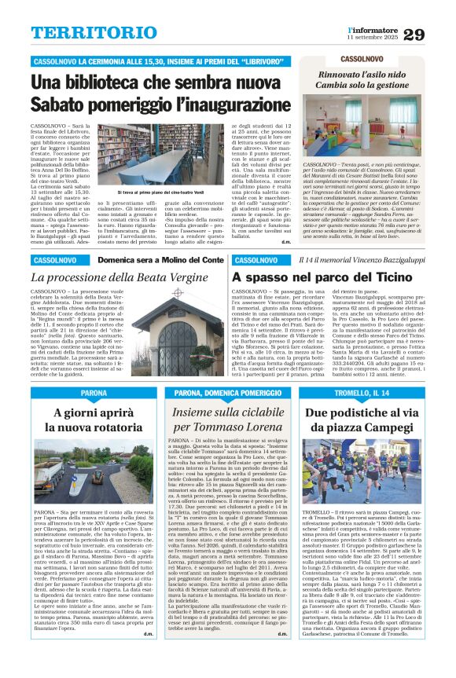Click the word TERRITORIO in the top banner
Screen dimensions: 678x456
85,33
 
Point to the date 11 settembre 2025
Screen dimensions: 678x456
373,38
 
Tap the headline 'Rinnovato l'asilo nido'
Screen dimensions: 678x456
365,75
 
